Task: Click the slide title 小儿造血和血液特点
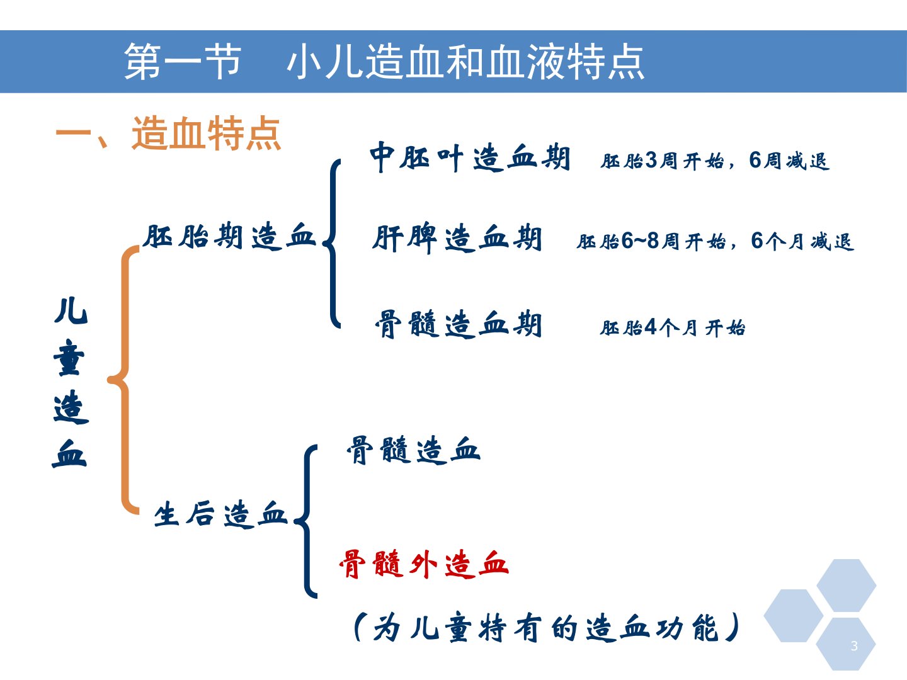[x=465, y=62]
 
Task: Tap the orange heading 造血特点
[x=206, y=133]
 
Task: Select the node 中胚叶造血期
[x=470, y=157]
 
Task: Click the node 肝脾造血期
[x=457, y=238]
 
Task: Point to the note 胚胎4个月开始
[x=672, y=328]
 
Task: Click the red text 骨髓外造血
[x=424, y=564]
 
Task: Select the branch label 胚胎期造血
[x=229, y=235]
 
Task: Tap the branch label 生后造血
[x=220, y=514]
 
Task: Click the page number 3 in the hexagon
[x=854, y=645]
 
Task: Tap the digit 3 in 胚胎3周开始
[x=651, y=160]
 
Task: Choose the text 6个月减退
[x=802, y=241]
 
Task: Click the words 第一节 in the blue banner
[x=182, y=62]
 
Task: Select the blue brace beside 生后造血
[x=305, y=521]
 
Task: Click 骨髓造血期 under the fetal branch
[x=458, y=324]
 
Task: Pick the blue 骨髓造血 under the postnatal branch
[x=413, y=450]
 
